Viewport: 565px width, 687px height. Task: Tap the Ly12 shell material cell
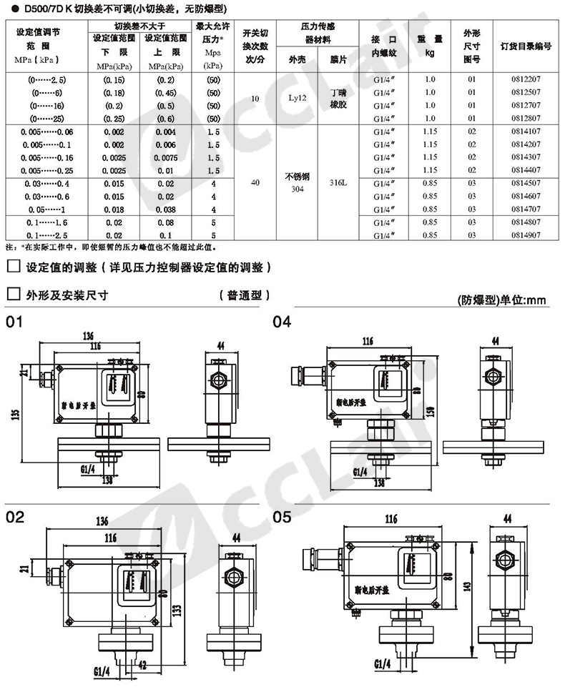pyautogui.click(x=296, y=99)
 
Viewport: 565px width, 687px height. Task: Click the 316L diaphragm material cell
pyautogui.click(x=337, y=182)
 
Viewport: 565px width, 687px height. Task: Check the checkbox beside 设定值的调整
pyautogui.click(x=11, y=267)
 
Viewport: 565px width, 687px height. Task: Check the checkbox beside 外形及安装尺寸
pyautogui.click(x=11, y=294)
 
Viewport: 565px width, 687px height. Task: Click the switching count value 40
pyautogui.click(x=255, y=182)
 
